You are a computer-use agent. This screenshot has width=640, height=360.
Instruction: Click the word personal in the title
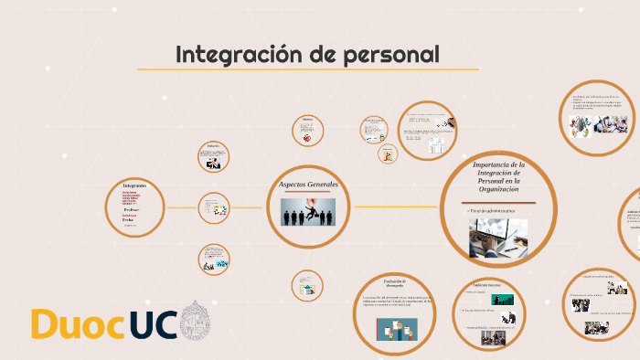pos(392,55)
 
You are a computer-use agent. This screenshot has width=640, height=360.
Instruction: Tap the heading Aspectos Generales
pos(308,185)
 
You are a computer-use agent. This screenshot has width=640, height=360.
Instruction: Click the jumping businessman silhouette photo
pos(308,211)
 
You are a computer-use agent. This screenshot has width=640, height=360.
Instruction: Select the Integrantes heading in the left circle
pos(134,185)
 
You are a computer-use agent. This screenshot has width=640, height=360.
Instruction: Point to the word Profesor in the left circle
pos(132,209)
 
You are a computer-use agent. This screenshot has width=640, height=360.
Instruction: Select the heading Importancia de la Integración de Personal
pos(498,174)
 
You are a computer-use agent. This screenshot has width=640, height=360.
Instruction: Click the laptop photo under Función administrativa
pos(498,238)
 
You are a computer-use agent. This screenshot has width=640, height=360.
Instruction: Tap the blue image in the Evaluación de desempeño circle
pos(396,326)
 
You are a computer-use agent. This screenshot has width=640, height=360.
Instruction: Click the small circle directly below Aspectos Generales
pos(307,285)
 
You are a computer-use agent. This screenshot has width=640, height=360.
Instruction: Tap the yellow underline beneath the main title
pos(307,69)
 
